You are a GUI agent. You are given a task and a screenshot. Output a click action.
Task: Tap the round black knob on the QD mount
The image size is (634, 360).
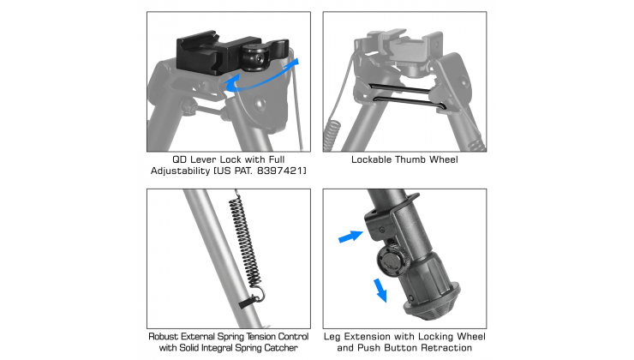254,57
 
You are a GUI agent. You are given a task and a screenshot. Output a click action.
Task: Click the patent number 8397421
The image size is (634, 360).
280,171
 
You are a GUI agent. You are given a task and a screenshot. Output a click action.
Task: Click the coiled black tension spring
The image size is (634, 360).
245,242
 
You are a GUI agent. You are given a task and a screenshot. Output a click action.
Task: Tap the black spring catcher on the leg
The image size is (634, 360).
248,302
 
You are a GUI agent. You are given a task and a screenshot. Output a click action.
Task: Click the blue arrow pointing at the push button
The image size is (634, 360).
350,237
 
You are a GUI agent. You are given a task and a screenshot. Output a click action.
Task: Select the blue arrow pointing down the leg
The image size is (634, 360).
380,290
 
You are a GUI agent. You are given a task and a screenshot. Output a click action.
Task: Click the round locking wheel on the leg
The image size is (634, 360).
392,261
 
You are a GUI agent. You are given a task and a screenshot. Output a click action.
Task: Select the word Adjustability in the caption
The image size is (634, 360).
180,171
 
